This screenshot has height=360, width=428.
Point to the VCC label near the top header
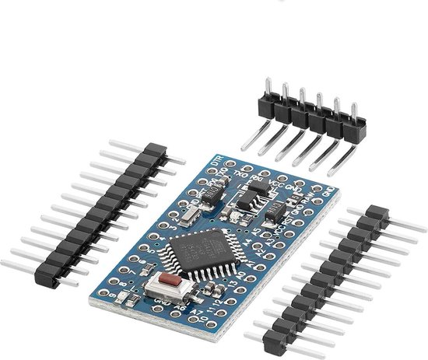273,178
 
